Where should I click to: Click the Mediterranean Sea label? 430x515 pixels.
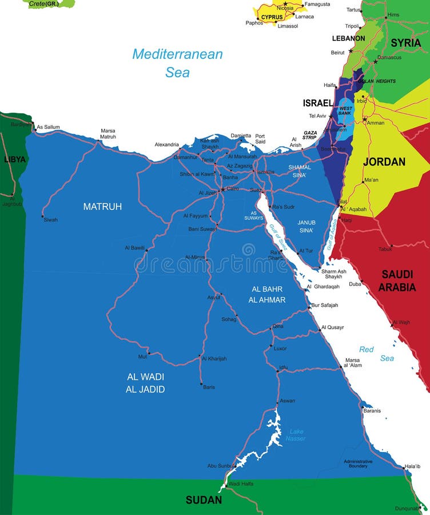pos(177,63)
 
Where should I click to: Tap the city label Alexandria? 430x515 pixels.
pos(166,145)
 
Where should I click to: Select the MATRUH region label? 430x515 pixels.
pos(102,207)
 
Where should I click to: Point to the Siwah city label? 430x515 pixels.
pos(50,220)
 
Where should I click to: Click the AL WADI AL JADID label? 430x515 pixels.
pos(145,383)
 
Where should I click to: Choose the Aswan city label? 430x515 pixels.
pos(287,401)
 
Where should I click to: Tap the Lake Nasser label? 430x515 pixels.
pos(297,435)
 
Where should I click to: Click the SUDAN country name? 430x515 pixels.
pos(204,500)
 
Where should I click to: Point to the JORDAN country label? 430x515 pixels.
pos(384,162)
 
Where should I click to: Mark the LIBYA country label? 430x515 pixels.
pos(15,159)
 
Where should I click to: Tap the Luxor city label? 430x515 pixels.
pos(280,348)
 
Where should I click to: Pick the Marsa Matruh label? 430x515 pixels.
pos(108,134)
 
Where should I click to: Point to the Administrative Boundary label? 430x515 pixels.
pos(358,463)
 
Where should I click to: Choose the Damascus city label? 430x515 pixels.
pos(389,57)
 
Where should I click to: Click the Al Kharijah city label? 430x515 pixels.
pos(214,359)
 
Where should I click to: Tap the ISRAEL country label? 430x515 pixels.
pos(317,103)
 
